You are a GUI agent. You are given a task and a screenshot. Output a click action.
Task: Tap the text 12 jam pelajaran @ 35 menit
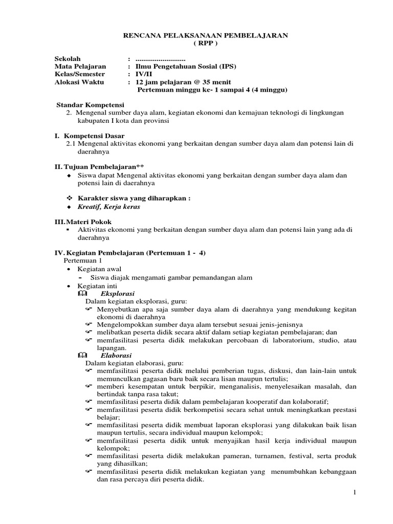pyautogui.click(x=183, y=82)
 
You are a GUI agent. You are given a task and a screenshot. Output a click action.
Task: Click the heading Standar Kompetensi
pyautogui.click(x=90, y=104)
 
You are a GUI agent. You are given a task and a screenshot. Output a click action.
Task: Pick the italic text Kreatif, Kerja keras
pyautogui.click(x=108, y=207)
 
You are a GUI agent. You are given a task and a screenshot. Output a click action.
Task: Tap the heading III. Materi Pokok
pyautogui.click(x=83, y=222)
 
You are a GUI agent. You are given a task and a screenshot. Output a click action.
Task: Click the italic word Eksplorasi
pyautogui.click(x=117, y=294)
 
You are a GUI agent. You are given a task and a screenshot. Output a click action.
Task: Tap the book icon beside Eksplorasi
pyautogui.click(x=83, y=294)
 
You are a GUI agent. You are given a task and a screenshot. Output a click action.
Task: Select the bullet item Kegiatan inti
pyautogui.click(x=97, y=286)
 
